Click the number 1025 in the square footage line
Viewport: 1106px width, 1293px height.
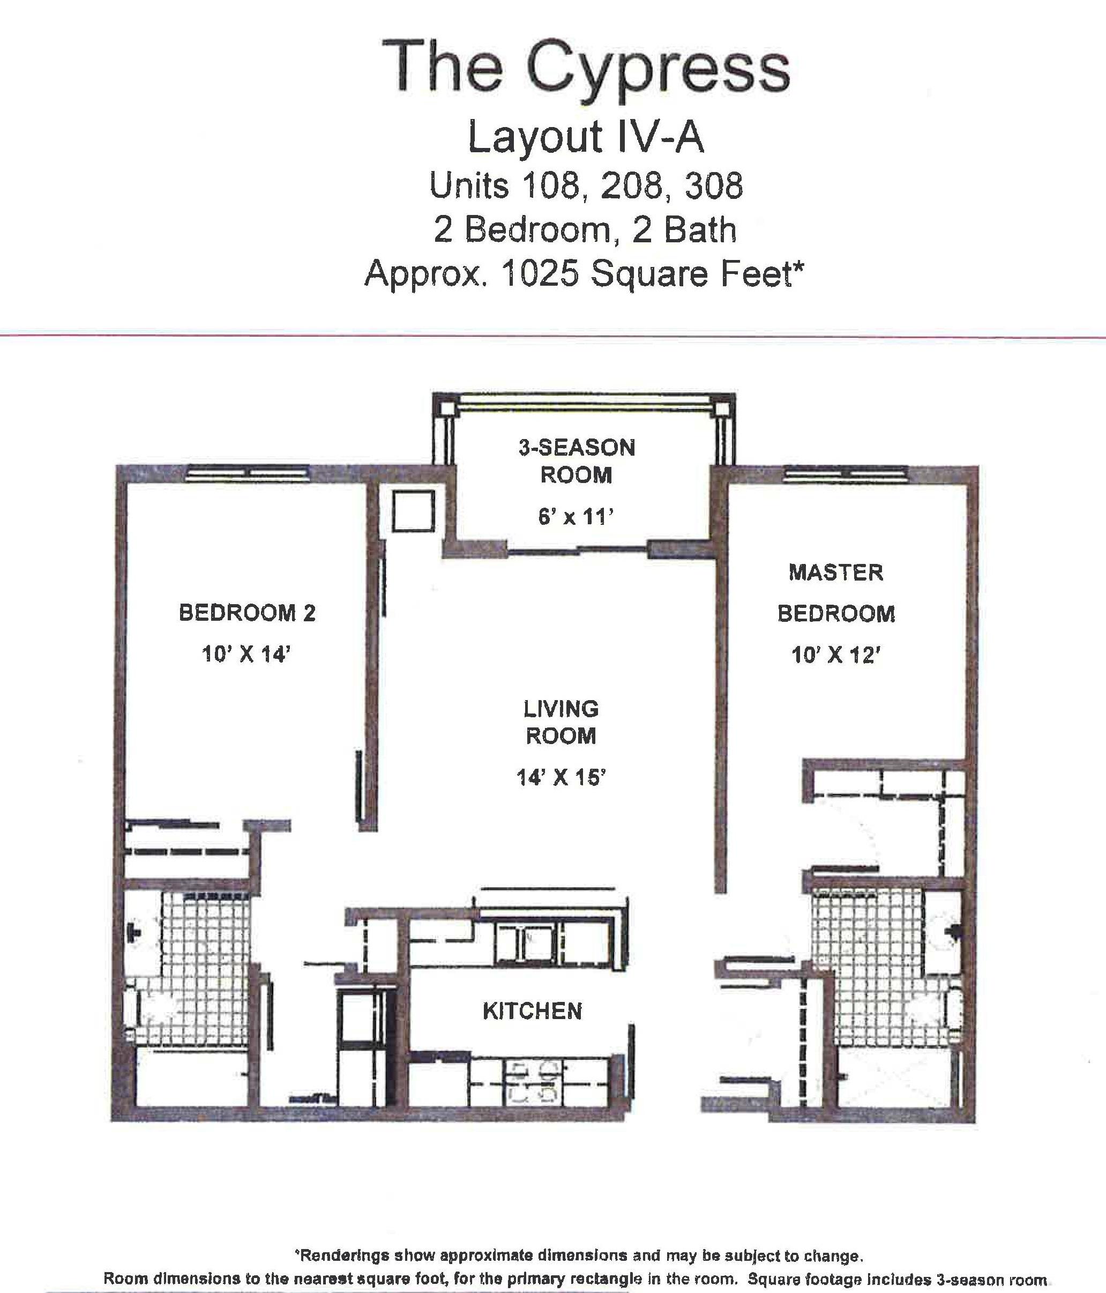(540, 273)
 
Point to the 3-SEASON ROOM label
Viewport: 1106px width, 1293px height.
(577, 461)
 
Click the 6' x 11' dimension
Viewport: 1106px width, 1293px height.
(577, 517)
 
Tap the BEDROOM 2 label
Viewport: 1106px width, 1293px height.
(247, 613)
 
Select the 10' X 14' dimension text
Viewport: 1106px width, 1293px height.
(247, 654)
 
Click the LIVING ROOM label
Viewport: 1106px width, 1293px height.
(561, 722)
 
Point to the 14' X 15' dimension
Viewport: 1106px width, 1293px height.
(562, 777)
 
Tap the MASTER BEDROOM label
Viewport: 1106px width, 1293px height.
(836, 593)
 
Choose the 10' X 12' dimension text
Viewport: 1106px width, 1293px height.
(836, 655)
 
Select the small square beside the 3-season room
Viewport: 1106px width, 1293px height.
(414, 511)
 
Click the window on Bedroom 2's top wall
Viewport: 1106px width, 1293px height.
(248, 474)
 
